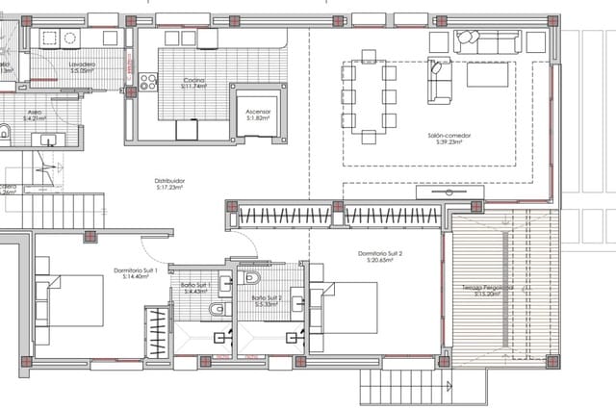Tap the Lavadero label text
point(81,66)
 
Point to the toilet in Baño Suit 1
point(218,309)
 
